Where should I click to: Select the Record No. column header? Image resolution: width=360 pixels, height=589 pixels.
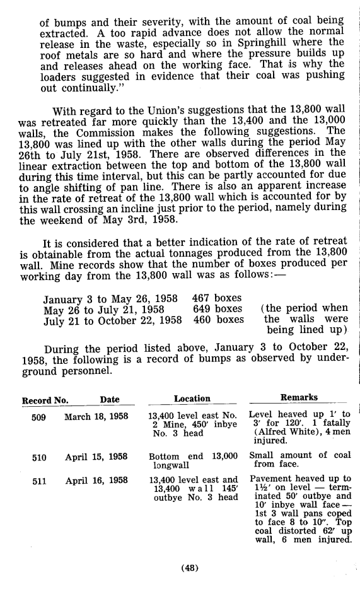pos(45,400)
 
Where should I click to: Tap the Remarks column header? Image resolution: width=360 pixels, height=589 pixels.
pos(299,398)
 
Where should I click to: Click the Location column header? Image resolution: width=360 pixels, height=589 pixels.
pos(192,399)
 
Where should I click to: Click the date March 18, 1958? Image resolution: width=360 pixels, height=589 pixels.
pos(96,417)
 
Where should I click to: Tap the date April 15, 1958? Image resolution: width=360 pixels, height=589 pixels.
pos(96,457)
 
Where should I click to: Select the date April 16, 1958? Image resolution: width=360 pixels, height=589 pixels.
pos(96,481)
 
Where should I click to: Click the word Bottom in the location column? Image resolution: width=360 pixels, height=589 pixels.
pos(163,457)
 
